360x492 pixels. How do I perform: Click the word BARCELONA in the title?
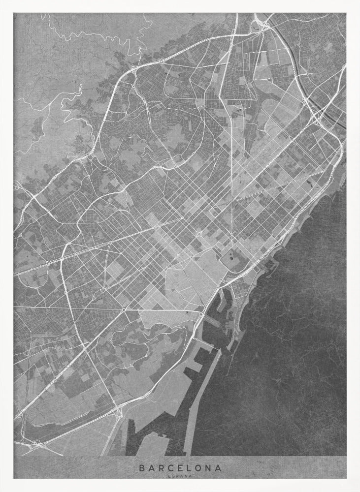pyautogui.click(x=180, y=467)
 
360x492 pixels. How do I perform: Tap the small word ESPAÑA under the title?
pyautogui.click(x=180, y=475)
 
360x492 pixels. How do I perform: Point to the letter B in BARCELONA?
pyautogui.click(x=142, y=467)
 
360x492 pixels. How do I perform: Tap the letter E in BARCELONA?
pyautogui.click(x=173, y=467)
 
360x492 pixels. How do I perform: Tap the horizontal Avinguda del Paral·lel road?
pyautogui.click(x=163, y=310)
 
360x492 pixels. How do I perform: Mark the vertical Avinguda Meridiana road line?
pyautogui.click(x=231, y=172)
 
